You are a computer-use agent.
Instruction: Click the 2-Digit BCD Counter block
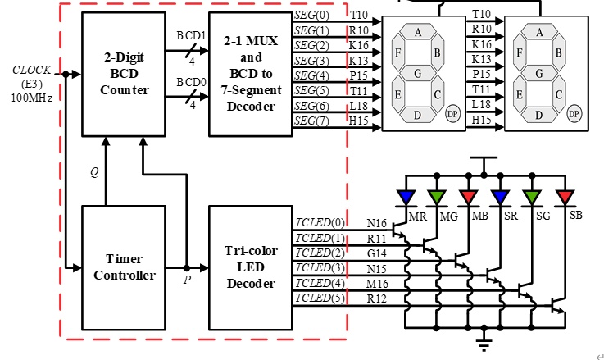point(124,74)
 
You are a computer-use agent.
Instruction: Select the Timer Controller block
point(124,267)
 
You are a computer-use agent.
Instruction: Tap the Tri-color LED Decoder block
point(251,267)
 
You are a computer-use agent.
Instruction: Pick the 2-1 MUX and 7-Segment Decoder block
point(251,74)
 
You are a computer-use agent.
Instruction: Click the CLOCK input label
point(32,71)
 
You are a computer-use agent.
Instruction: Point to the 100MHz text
point(32,98)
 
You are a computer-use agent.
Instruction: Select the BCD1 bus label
point(192,35)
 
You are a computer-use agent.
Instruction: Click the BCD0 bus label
point(192,82)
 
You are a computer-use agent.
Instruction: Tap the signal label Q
point(94,172)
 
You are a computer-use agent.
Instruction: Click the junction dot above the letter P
point(187,268)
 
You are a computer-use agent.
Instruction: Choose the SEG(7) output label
point(311,121)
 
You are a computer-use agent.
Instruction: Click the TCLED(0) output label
point(320,223)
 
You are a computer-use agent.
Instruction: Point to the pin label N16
point(377,223)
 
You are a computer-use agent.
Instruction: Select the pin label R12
point(377,298)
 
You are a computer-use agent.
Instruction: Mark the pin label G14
point(377,253)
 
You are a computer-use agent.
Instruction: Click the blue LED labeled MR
point(406,198)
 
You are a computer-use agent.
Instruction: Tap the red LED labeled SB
point(565,198)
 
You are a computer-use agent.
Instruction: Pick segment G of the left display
point(418,73)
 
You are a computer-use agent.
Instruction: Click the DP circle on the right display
point(574,114)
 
